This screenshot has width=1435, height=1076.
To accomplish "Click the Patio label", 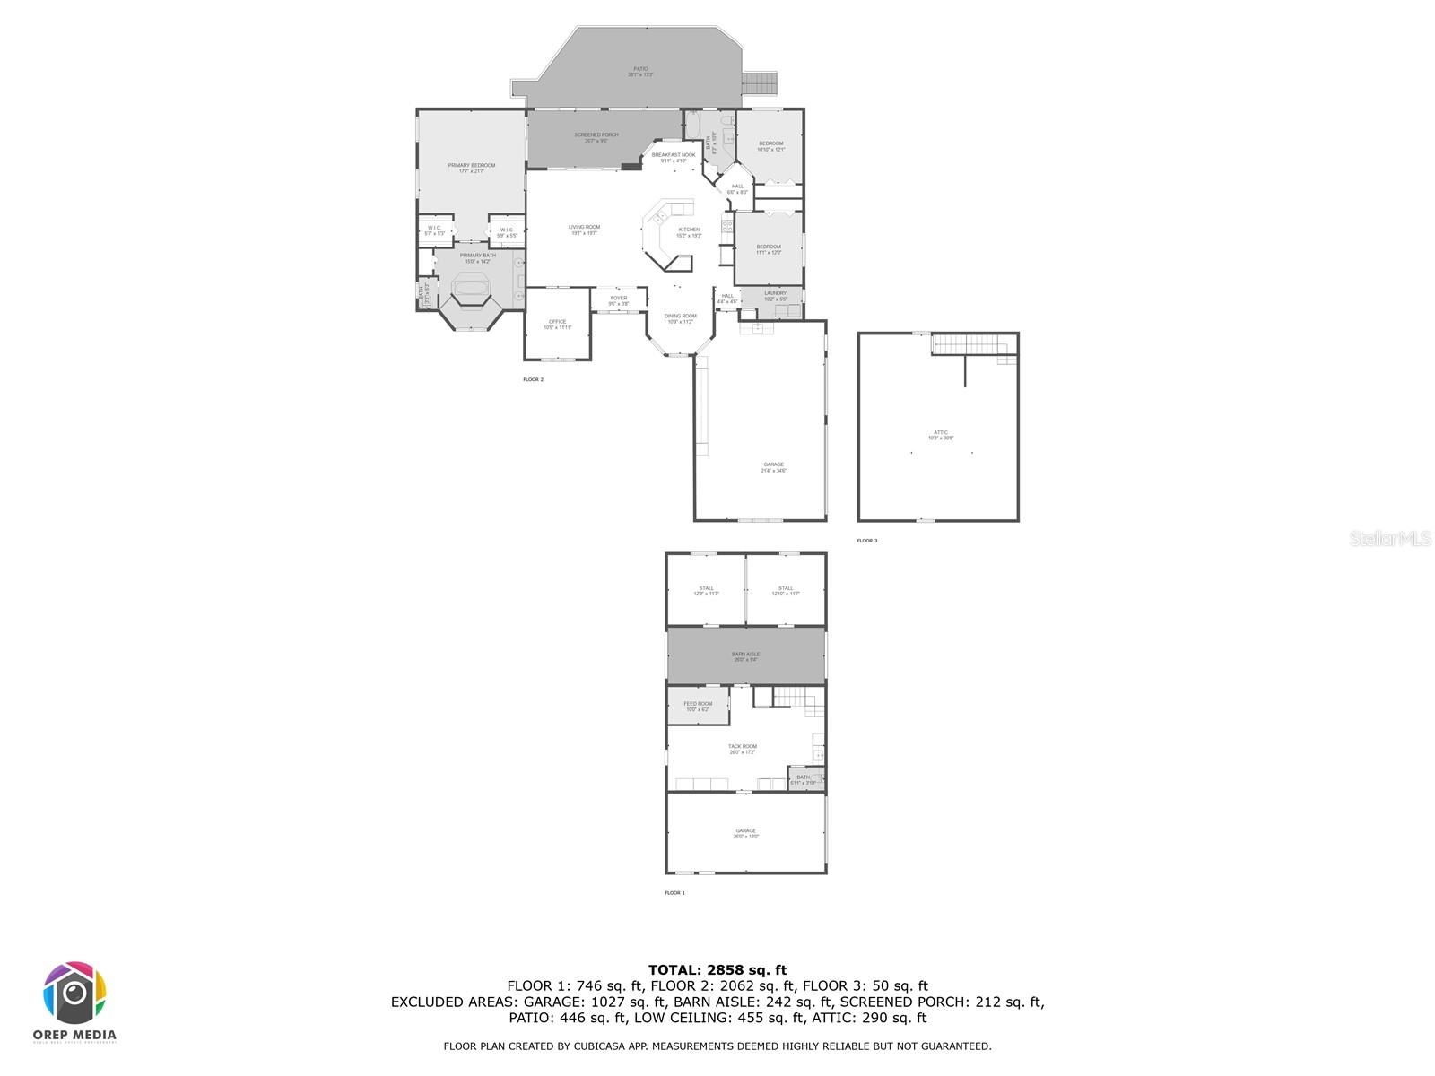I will [x=640, y=71].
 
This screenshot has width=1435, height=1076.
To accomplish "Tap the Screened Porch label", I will [x=596, y=137].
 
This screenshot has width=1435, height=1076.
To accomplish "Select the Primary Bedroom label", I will [x=472, y=168].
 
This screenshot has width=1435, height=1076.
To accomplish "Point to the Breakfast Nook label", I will [x=674, y=157].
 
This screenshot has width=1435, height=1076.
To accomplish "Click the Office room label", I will [x=557, y=324].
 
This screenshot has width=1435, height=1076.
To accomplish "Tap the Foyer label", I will [x=619, y=300].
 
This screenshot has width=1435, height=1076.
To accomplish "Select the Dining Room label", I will [x=680, y=318].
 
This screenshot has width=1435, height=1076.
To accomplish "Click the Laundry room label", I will [x=776, y=295].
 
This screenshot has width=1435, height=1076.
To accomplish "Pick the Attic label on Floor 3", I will [x=941, y=435].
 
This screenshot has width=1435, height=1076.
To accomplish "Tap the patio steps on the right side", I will [x=761, y=83].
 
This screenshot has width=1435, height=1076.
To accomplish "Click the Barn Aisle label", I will [x=745, y=656].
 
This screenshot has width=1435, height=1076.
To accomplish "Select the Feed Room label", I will [x=698, y=706].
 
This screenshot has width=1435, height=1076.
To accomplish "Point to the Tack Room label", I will [x=743, y=749].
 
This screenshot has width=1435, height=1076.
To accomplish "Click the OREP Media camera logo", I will [x=75, y=993].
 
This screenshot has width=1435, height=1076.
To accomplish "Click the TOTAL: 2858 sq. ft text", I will [x=717, y=969].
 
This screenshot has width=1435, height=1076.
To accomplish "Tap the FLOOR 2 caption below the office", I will [x=533, y=379].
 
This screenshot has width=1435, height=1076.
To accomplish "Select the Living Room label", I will [x=584, y=230].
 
